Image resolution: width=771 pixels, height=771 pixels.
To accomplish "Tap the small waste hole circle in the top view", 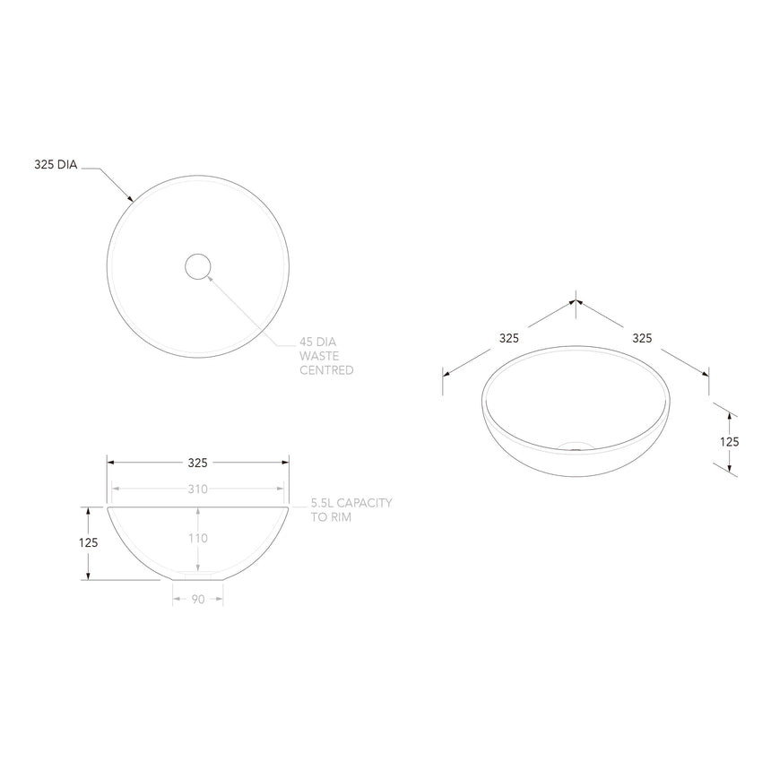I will tap(197, 265).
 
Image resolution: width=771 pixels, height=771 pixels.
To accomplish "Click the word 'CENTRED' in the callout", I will tap(326, 369).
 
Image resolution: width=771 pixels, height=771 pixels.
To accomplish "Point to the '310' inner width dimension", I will tap(197, 489).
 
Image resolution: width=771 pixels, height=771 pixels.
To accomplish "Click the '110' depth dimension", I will tap(197, 538).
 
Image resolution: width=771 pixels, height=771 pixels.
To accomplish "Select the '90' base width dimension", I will tap(197, 599).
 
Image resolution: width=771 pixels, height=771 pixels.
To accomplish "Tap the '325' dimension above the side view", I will tap(197, 463).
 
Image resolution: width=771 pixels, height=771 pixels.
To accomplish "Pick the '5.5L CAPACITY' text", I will tap(351, 503).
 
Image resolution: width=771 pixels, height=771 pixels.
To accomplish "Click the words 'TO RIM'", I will tap(331, 517).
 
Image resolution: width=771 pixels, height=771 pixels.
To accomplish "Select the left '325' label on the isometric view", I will tap(509, 338).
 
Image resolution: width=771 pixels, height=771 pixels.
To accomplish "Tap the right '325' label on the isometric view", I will tap(642, 338).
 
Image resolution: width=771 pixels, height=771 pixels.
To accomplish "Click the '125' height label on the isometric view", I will tap(729, 441).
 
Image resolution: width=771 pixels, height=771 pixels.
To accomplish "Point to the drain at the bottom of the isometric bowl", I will tap(575, 444).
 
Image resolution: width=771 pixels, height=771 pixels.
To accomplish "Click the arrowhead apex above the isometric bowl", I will tap(576, 302).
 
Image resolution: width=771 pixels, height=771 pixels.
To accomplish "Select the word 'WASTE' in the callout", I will tap(319, 355).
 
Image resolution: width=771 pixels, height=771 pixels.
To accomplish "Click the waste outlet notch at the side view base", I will tap(197, 572).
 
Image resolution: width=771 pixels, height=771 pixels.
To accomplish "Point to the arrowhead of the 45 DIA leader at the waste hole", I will tap(210, 277).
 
